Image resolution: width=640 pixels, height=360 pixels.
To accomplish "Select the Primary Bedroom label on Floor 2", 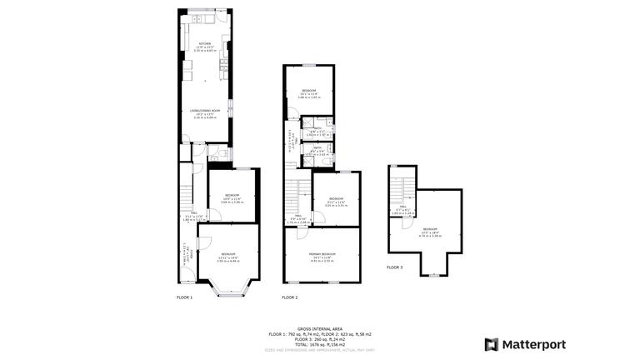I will pos(322,255).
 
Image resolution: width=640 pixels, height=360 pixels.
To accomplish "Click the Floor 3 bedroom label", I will pos(429,231).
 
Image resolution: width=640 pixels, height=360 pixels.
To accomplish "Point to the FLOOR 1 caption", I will pos(184,297).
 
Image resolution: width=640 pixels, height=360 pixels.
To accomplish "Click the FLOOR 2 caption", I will pos(289,297).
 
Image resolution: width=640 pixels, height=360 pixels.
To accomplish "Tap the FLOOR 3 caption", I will pos(394,267).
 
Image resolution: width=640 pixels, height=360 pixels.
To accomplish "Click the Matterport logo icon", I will pos(492,344).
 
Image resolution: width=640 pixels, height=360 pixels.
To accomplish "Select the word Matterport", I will pos(534,344).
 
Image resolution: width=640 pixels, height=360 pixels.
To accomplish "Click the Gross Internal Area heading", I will pos(320,328).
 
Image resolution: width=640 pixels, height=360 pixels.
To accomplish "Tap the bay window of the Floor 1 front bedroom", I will pos(227,291).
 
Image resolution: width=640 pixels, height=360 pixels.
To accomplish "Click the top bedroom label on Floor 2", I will pos(309,92).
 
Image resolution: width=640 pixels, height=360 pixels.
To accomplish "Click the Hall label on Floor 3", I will pos(402,209).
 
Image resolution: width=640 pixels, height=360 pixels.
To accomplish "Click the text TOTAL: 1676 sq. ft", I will pos(320,343).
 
